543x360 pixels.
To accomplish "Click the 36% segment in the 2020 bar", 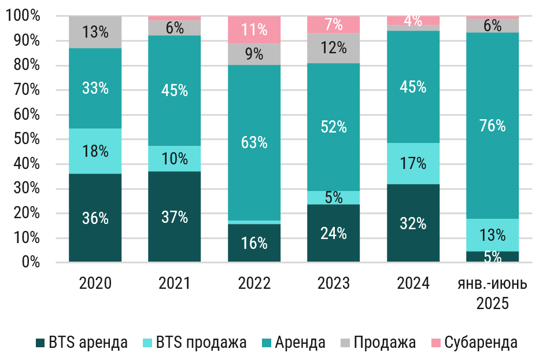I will click(95, 218).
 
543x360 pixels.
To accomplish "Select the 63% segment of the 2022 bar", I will click(254, 142).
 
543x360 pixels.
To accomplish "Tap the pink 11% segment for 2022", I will click(254, 30).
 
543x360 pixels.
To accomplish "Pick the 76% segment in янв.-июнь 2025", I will click(492, 126).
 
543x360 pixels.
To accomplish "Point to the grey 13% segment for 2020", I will click(95, 32).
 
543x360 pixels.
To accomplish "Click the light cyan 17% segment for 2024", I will click(413, 164).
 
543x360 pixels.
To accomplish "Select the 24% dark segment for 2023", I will click(333, 233).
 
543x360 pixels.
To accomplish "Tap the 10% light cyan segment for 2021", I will click(175, 159).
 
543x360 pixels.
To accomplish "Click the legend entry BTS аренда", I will click(81, 343).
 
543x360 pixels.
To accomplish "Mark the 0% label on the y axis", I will click(28, 263).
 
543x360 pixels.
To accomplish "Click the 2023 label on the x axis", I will click(333, 284).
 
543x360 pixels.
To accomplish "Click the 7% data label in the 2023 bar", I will click(333, 25).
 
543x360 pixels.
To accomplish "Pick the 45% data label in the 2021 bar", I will click(175, 90).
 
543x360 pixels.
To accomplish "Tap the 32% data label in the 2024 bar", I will click(413, 223).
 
